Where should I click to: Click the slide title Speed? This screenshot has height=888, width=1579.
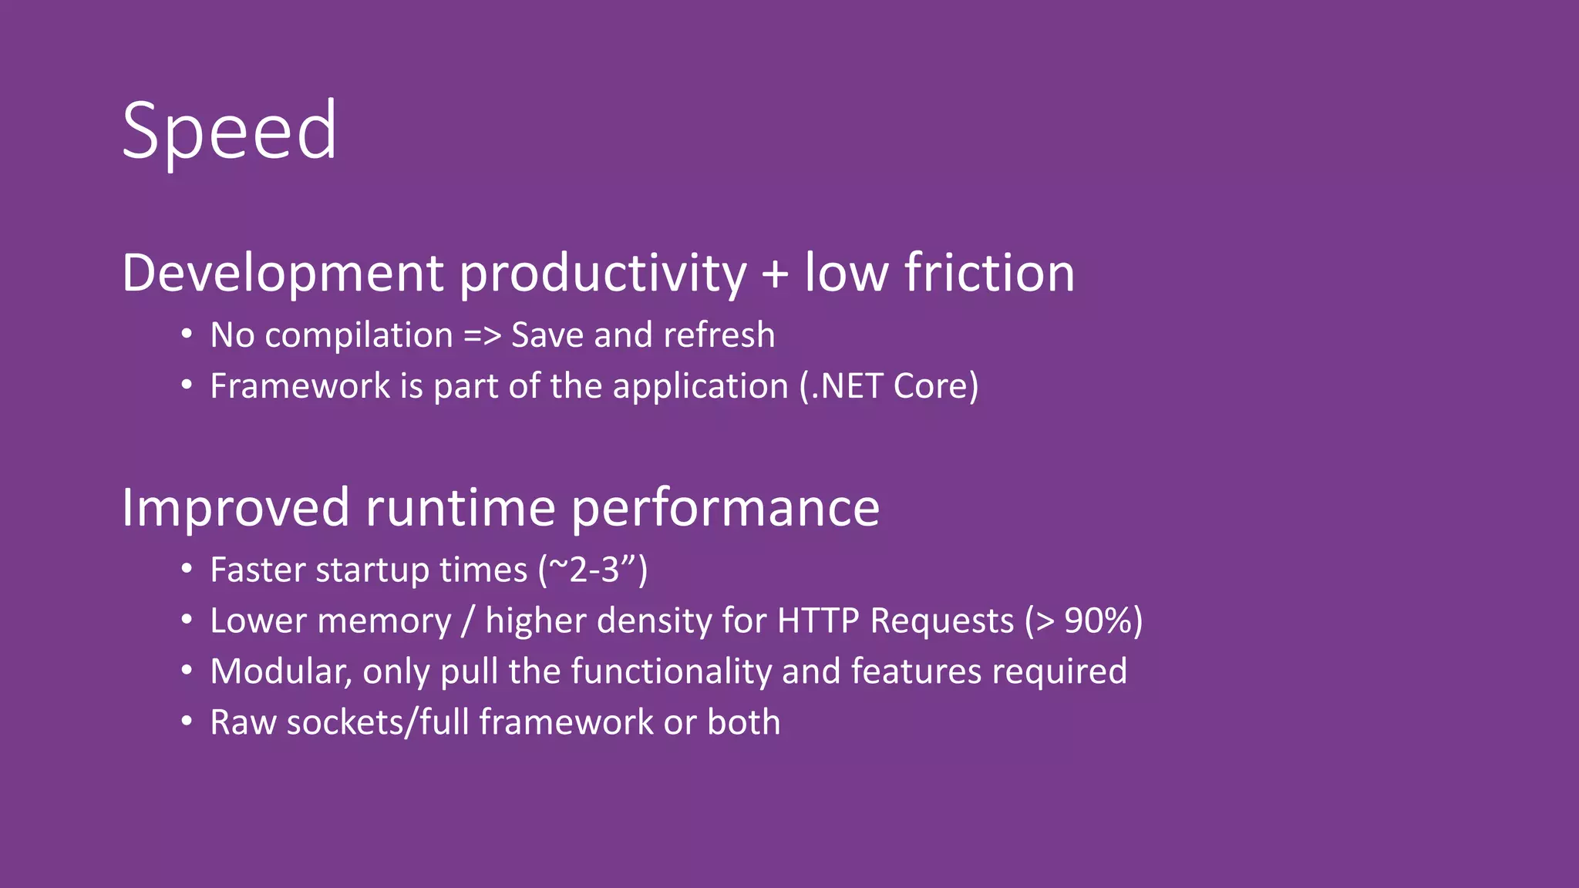pyautogui.click(x=229, y=131)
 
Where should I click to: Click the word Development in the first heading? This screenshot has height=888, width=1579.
pyautogui.click(x=282, y=274)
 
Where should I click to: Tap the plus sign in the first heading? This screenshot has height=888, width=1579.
pyautogui.click(x=775, y=274)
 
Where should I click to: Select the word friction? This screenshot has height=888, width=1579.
pyautogui.click(x=989, y=274)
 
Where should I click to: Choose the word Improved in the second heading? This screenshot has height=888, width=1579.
pyautogui.click(x=235, y=508)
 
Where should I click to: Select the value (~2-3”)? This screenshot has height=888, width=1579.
pyautogui.click(x=593, y=570)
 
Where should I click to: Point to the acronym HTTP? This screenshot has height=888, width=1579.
pyautogui.click(x=818, y=621)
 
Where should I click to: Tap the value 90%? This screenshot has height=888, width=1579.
pyautogui.click(x=1098, y=621)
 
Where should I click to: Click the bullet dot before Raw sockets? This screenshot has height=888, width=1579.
pyautogui.click(x=186, y=721)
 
